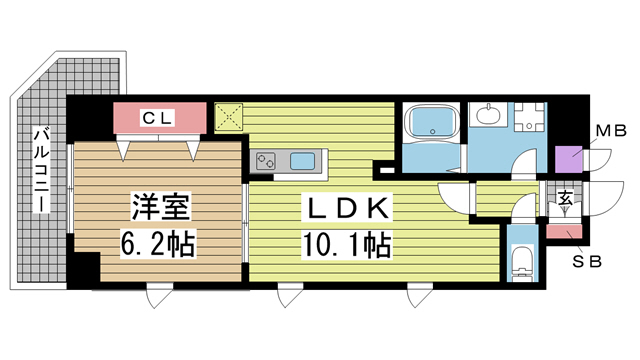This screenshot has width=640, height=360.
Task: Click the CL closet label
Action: click(159, 118)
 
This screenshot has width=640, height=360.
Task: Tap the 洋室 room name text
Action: click(158, 210)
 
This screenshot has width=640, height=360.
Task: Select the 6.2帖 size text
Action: click(158, 242)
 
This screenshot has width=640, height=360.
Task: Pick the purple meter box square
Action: click(568, 160)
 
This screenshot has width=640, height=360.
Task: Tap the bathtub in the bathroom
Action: click(432, 126)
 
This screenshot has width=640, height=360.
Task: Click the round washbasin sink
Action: click(490, 118)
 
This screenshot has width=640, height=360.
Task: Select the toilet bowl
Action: click(521, 263)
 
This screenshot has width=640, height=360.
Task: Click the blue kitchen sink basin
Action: click(302, 160)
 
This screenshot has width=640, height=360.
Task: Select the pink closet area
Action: click(160, 118)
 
